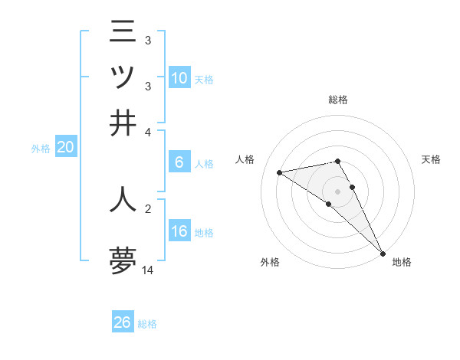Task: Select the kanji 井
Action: point(123,123)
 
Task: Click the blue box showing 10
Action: point(179,78)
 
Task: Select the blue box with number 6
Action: point(179,162)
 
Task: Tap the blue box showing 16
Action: point(179,231)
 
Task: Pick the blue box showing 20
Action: point(65,148)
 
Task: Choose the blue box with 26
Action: point(123,322)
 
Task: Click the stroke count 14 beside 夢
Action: point(148,270)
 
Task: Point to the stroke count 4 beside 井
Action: point(148,132)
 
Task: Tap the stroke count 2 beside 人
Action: point(148,207)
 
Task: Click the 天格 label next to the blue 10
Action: point(204,80)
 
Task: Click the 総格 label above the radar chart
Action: point(337,100)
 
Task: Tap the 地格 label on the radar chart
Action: point(402,262)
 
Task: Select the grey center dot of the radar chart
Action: point(337,191)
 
